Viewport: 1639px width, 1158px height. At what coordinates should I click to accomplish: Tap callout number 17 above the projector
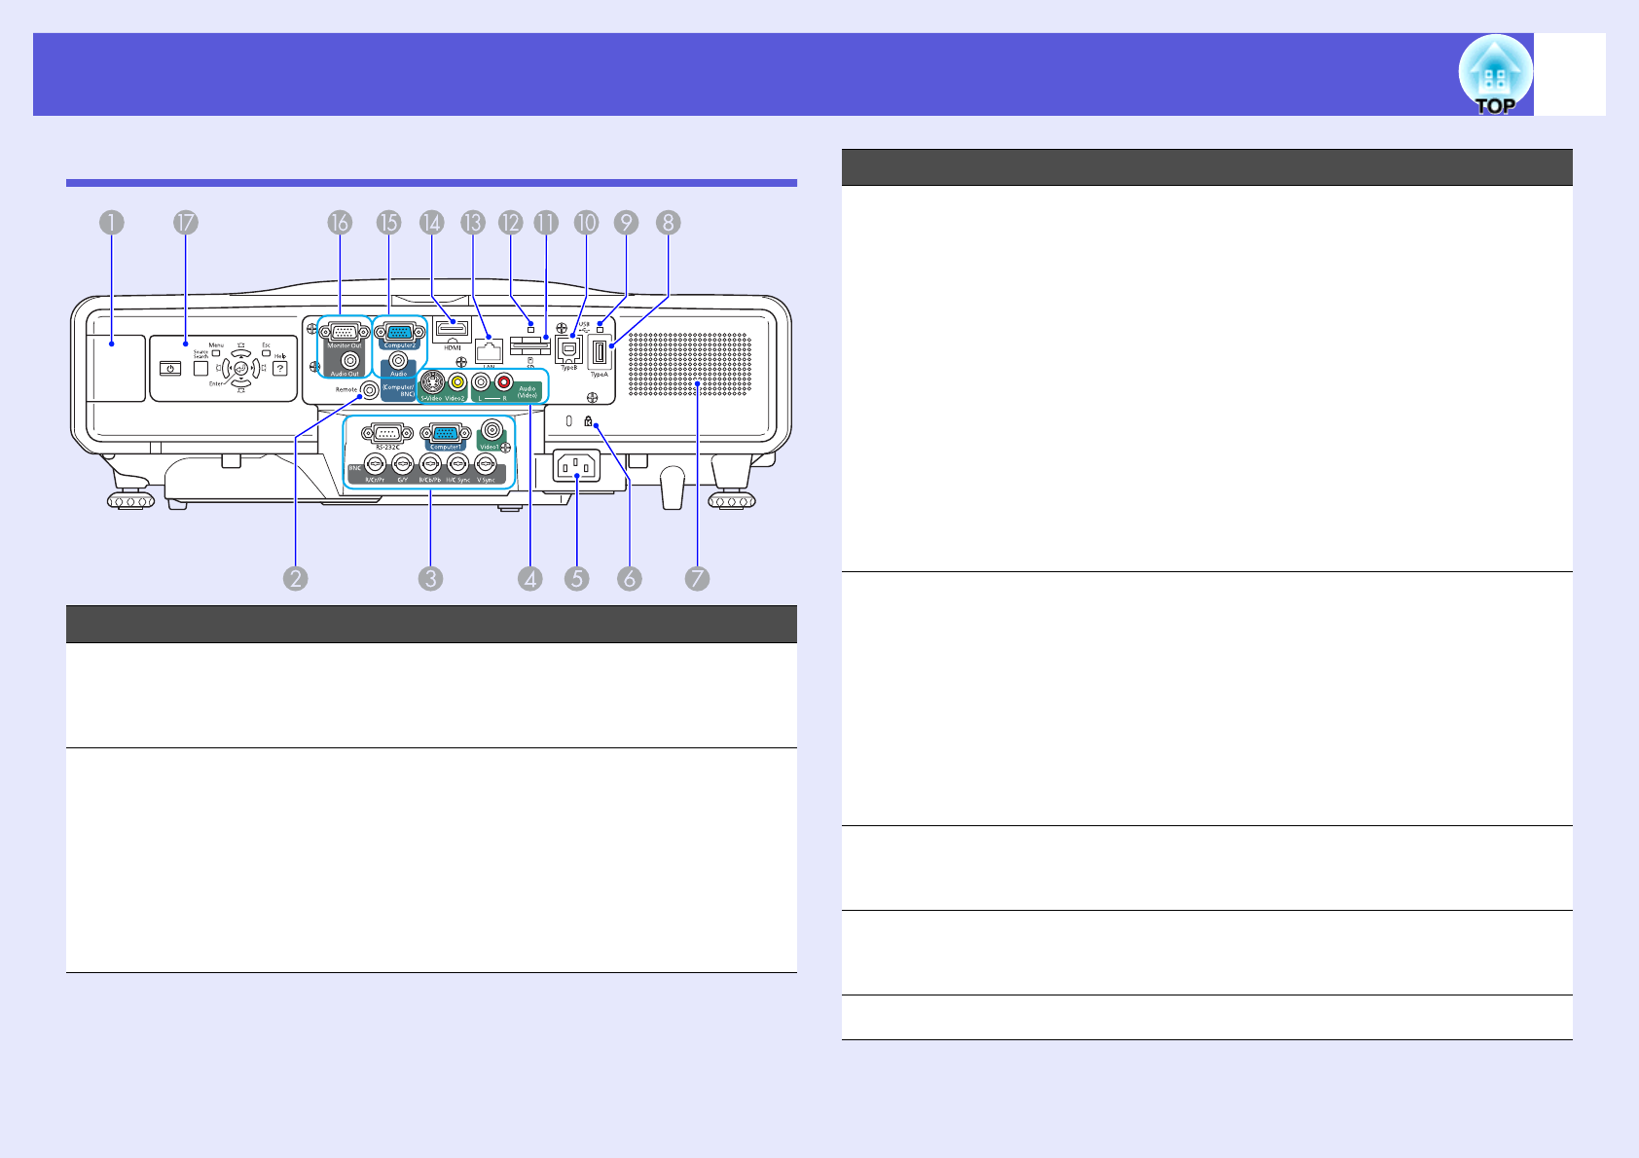point(185,223)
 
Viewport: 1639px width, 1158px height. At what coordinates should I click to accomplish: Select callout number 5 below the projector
point(576,579)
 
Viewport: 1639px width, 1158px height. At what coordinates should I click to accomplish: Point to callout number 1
point(111,223)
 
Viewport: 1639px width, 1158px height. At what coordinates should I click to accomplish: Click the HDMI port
point(453,330)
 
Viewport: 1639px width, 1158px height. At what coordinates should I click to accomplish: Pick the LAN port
point(489,351)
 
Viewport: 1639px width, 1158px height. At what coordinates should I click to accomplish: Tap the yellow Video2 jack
point(456,382)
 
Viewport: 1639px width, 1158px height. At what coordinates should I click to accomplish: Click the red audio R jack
point(504,382)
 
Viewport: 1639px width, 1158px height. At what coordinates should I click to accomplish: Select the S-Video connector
point(431,382)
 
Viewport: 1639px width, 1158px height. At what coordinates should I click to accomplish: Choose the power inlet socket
point(576,466)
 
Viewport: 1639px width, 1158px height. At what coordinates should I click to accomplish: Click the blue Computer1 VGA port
point(446,433)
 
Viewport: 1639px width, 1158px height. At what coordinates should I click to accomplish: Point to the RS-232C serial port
point(387,433)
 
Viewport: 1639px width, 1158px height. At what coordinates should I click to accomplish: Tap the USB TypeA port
point(600,351)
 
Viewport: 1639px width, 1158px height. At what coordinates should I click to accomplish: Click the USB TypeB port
point(569,349)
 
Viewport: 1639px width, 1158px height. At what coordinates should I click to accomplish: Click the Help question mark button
point(280,369)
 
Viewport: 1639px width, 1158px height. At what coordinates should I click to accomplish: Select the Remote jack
point(369,389)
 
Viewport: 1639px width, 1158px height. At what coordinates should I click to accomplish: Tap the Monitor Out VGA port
point(345,331)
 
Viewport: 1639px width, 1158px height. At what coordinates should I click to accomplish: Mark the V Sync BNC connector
point(486,464)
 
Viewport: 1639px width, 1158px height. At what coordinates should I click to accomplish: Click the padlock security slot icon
point(588,421)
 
